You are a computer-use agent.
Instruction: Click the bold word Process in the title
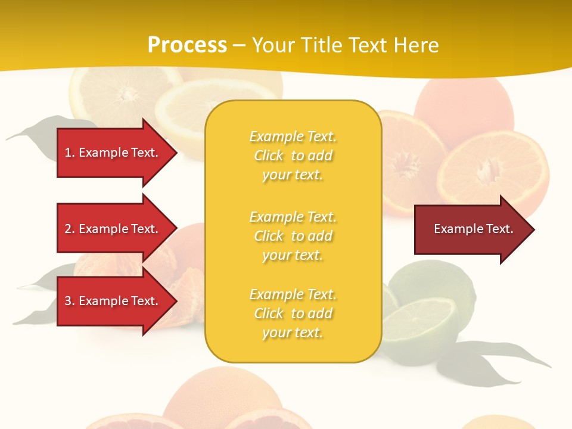187,45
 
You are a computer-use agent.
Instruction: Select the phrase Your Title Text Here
345,45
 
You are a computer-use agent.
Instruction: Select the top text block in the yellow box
293,156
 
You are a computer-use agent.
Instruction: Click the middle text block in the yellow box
293,236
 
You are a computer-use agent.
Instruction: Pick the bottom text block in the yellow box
293,313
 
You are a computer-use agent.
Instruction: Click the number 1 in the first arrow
68,153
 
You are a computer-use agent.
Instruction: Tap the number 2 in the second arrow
68,229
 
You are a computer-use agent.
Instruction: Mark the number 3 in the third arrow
68,301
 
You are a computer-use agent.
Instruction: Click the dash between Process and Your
239,45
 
